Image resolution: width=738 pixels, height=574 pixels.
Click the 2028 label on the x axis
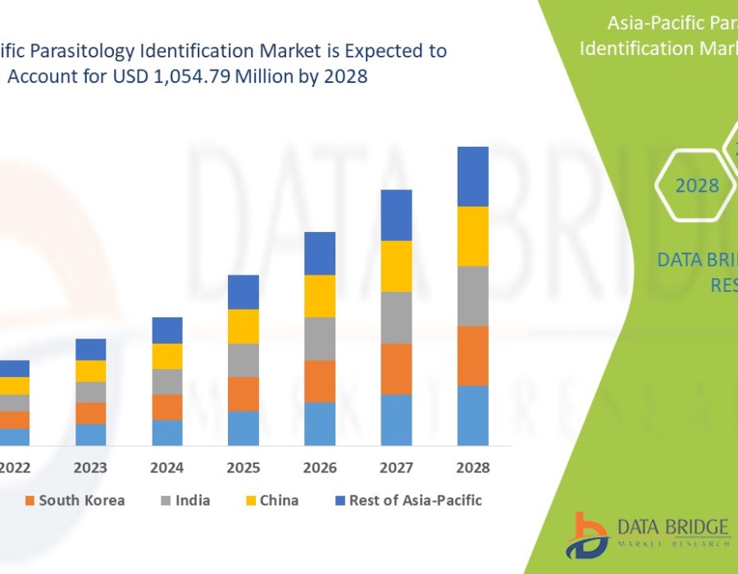(473, 468)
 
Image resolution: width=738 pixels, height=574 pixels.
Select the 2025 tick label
(244, 468)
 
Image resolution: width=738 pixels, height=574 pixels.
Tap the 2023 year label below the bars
(90, 468)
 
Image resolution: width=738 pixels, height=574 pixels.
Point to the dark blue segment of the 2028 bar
(473, 176)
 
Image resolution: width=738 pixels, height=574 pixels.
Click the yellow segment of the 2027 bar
(396, 266)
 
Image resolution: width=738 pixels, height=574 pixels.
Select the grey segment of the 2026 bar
(320, 339)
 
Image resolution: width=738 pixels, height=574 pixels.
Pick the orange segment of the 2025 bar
(244, 394)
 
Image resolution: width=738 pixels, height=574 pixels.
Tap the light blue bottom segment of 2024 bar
(167, 432)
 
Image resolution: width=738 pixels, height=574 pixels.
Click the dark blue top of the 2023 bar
(90, 349)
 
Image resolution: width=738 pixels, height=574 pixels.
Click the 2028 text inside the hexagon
(697, 186)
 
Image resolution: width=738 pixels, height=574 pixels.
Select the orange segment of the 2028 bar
(473, 355)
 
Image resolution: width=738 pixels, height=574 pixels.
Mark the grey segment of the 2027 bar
(396, 317)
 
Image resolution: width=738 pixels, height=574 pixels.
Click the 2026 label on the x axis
(320, 468)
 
